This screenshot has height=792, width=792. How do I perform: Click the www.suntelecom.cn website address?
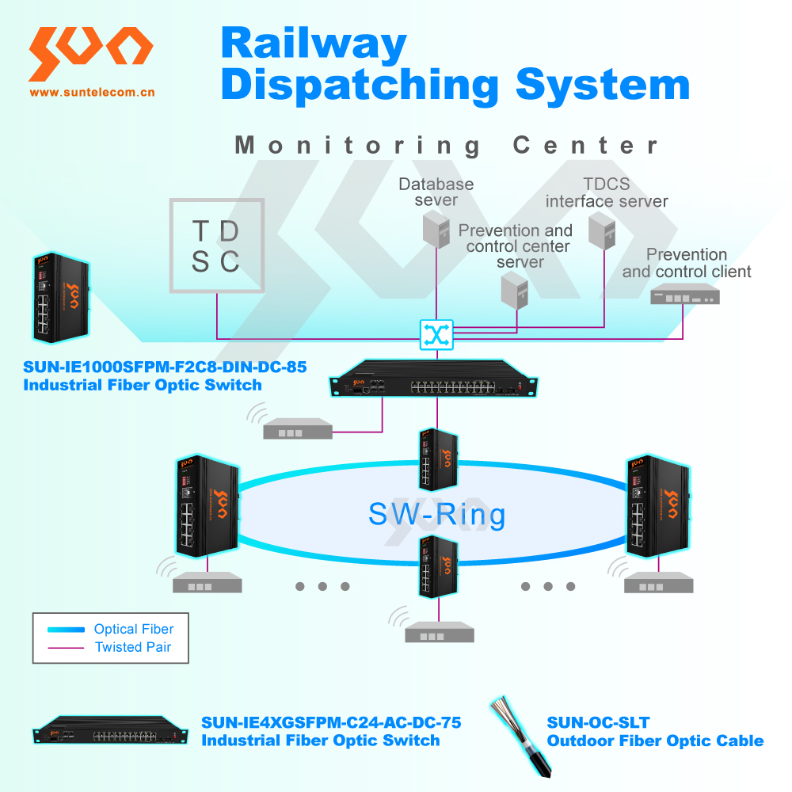pos(92,93)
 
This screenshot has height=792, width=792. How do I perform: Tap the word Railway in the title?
pos(314,44)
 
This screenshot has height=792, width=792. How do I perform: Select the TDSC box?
pos(217,246)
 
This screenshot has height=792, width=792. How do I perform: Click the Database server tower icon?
pos(436,230)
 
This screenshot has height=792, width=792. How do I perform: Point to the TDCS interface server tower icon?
pos(602,230)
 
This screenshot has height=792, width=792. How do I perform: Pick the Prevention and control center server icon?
pos(515,290)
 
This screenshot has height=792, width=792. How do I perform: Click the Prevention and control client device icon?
pos(685,294)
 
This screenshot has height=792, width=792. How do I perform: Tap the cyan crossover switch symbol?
pos(436,334)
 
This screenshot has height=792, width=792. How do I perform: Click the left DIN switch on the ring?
pos(207,505)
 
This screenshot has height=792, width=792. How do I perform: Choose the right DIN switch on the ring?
pos(658,505)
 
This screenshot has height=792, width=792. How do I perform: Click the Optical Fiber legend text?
pos(134,629)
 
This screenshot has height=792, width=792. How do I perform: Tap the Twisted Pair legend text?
pos(133,647)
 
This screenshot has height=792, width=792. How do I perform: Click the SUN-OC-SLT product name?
pos(599,722)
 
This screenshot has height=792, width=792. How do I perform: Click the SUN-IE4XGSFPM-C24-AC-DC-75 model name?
pos(331,722)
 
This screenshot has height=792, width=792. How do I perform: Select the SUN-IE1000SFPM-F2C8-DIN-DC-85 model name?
pos(165,367)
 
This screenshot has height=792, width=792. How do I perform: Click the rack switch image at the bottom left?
pos(111,730)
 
